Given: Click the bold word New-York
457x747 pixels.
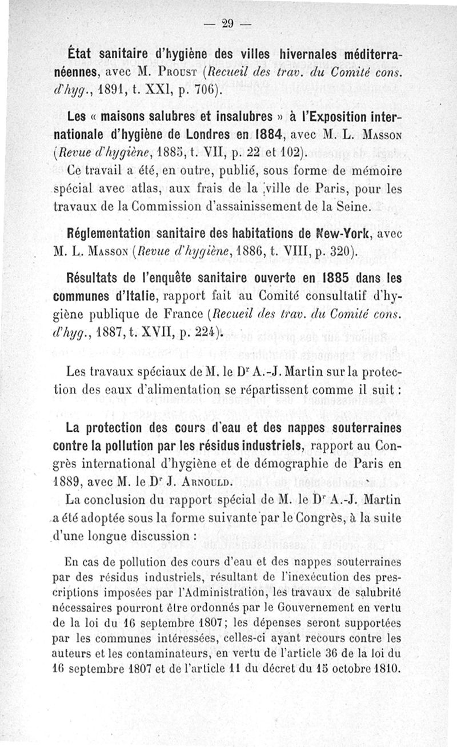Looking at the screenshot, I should pos(334,233).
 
